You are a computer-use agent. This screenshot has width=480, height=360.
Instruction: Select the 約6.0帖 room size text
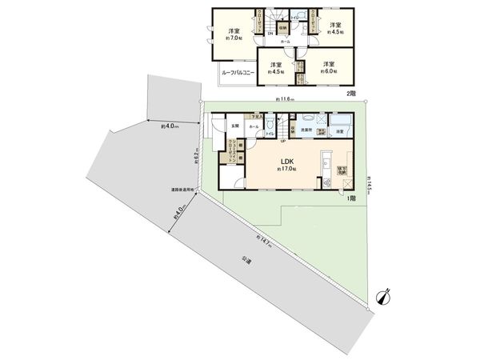tap(328, 70)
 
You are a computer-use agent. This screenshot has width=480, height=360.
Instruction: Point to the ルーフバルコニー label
tap(238, 72)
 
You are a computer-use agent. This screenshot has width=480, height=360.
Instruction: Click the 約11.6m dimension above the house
tap(285, 100)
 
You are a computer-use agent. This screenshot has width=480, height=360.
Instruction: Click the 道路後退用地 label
tap(182, 190)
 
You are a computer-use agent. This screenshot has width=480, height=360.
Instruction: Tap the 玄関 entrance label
tap(235, 126)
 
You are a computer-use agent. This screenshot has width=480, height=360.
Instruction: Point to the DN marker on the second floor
tap(270, 34)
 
